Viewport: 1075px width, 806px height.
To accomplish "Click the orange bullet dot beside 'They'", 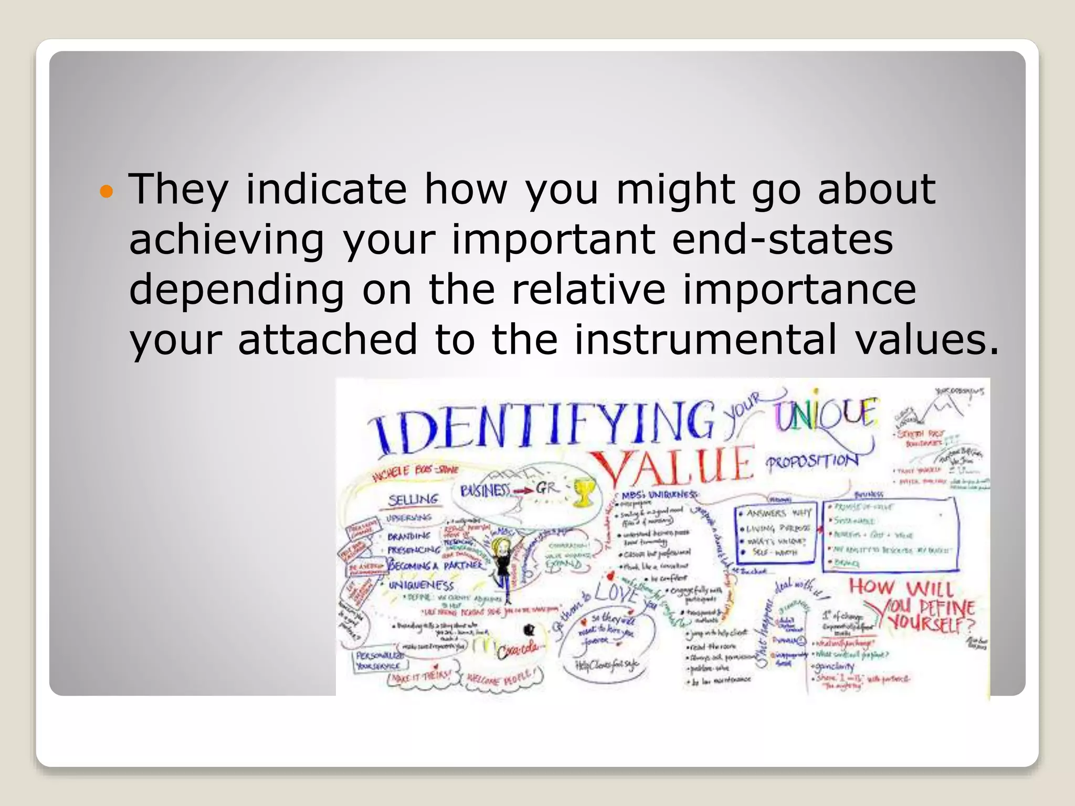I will pos(107,191).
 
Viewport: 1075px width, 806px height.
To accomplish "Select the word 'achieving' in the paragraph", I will pos(226,240).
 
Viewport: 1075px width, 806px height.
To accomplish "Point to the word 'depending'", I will pos(237,290).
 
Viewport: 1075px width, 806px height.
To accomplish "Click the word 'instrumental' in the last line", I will pos(705,340).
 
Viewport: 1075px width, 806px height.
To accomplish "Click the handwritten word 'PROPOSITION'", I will pos(811,462).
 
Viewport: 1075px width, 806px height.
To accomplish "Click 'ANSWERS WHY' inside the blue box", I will pos(779,513).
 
